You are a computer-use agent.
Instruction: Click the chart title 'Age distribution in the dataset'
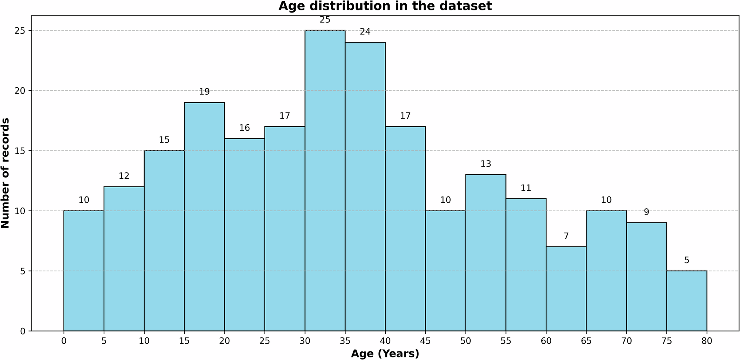click(x=385, y=6)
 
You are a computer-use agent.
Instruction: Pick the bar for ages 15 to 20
click(x=204, y=216)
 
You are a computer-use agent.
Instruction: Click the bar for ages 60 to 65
click(x=566, y=289)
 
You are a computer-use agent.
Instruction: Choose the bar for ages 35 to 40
click(x=365, y=186)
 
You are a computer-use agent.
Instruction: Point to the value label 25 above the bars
click(x=325, y=20)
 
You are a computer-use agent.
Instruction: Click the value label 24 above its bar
click(x=365, y=32)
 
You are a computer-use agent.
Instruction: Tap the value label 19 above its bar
click(x=204, y=92)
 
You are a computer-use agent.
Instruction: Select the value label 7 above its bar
click(x=566, y=236)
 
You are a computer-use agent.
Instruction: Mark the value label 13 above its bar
click(x=486, y=164)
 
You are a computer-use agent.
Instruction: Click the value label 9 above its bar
click(x=646, y=212)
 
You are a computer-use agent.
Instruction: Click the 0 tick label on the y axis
click(x=23, y=331)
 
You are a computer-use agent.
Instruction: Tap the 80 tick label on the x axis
click(x=707, y=342)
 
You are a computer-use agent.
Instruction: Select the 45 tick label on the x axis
click(x=425, y=342)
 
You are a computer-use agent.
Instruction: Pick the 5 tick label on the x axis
click(x=104, y=342)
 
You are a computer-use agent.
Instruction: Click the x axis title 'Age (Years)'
click(x=385, y=354)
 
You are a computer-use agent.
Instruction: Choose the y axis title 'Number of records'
click(x=6, y=173)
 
